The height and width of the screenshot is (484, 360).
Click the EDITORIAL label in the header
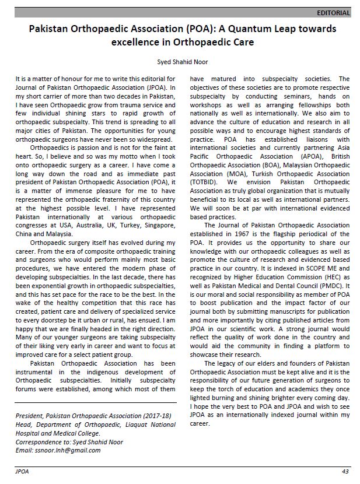point(333,12)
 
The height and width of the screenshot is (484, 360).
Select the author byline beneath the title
point(183,62)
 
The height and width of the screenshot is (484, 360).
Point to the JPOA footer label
point(22,471)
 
